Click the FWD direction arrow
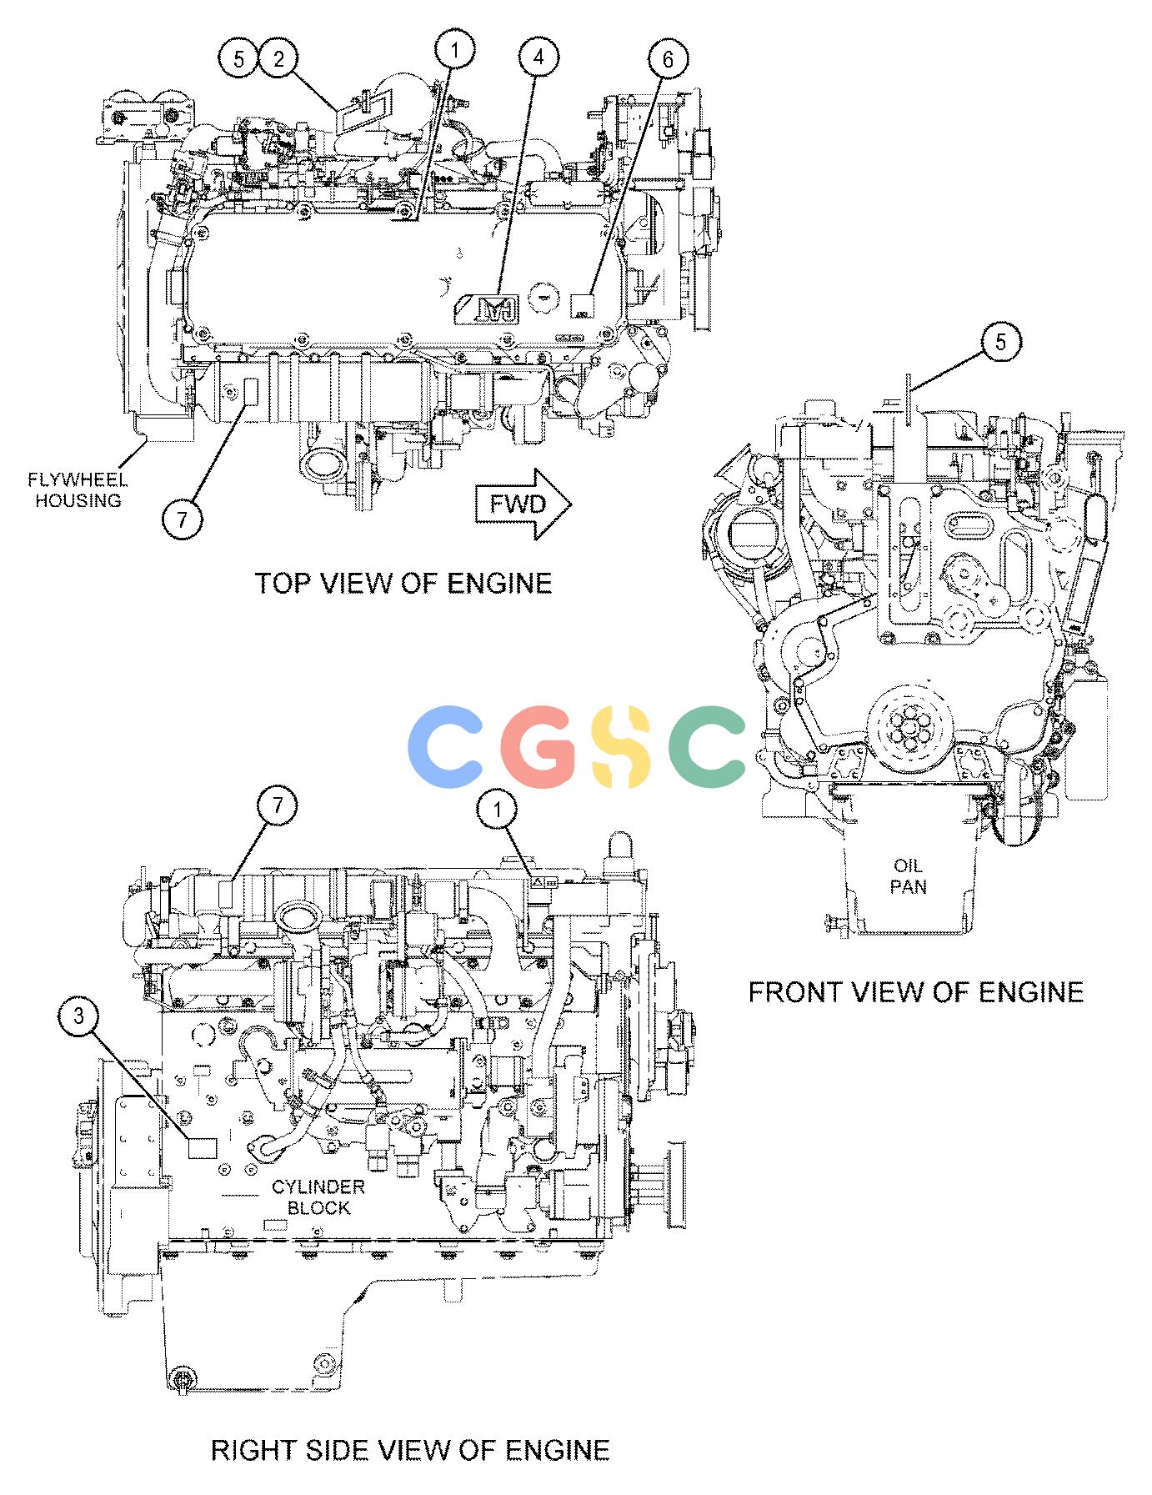(523, 504)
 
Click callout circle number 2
(278, 58)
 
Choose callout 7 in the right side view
(278, 805)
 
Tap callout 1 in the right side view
(498, 809)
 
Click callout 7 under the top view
(183, 519)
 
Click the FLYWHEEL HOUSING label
(78, 489)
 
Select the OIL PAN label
(908, 875)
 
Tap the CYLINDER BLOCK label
(318, 1197)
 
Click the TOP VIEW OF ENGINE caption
(403, 582)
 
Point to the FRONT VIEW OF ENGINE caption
(915, 991)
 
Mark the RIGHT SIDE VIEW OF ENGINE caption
(409, 1450)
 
